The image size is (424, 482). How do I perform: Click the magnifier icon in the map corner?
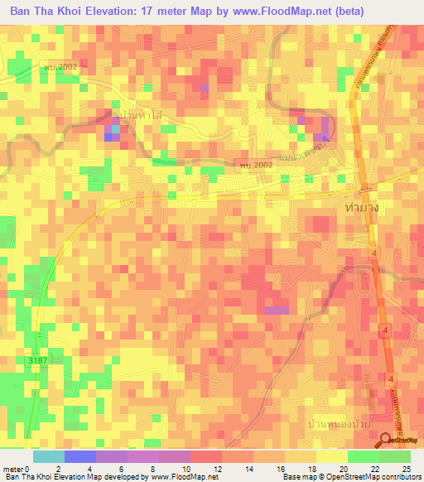click(x=386, y=441)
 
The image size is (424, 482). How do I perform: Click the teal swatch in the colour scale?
click(x=48, y=456)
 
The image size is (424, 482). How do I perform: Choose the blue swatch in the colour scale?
click(x=79, y=456)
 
